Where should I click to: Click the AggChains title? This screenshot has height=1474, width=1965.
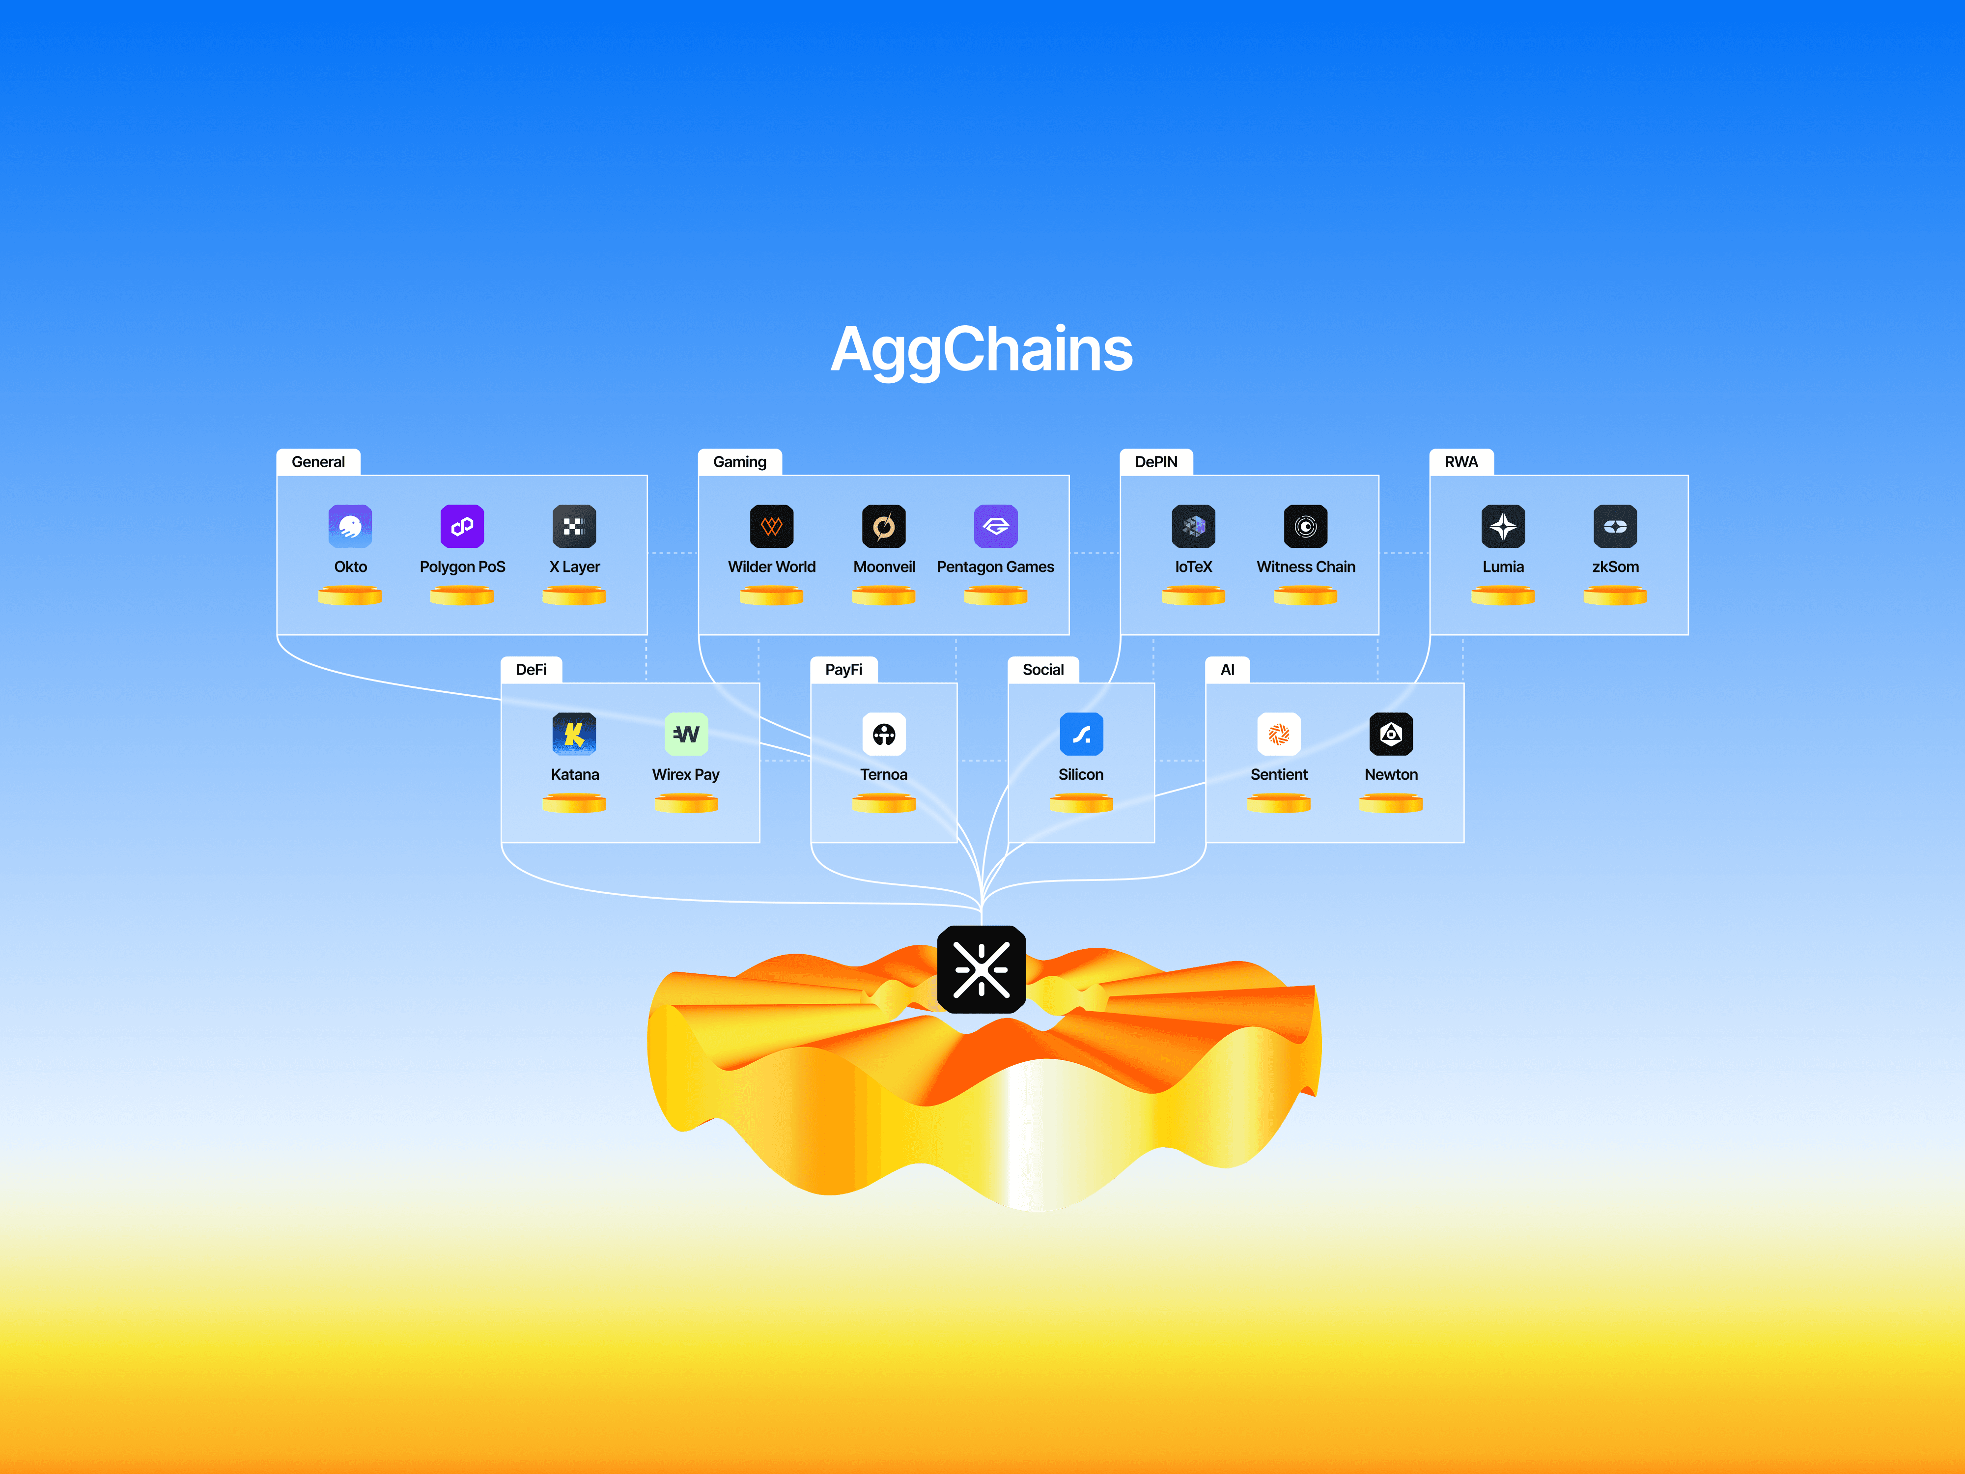[x=982, y=349]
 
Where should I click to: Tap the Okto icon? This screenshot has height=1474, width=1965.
[x=350, y=527]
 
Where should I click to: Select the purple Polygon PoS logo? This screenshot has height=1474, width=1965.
[x=462, y=527]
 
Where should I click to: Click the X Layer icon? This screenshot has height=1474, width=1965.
[x=574, y=527]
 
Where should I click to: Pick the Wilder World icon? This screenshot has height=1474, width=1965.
[x=771, y=527]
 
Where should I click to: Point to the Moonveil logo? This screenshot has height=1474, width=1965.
[x=884, y=527]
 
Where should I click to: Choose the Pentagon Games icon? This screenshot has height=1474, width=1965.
[x=996, y=527]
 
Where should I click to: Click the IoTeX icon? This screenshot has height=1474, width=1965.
[x=1193, y=527]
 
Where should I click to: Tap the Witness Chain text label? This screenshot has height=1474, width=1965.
[x=1306, y=567]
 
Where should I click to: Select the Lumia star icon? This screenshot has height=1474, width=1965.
[x=1503, y=527]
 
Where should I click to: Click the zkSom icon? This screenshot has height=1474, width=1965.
[x=1615, y=527]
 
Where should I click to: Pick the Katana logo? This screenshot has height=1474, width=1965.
[x=574, y=735]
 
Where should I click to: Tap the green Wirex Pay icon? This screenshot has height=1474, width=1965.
[x=686, y=735]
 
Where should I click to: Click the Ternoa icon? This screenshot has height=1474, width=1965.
[x=884, y=735]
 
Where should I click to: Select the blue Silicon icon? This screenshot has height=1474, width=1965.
[x=1081, y=735]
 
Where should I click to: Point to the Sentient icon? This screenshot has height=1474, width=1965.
[x=1279, y=735]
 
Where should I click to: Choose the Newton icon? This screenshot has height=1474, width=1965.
[x=1391, y=735]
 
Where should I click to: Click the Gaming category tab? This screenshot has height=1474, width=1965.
[x=740, y=462]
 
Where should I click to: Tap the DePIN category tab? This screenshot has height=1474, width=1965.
[x=1156, y=462]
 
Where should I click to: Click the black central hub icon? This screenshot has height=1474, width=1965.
[x=982, y=969]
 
